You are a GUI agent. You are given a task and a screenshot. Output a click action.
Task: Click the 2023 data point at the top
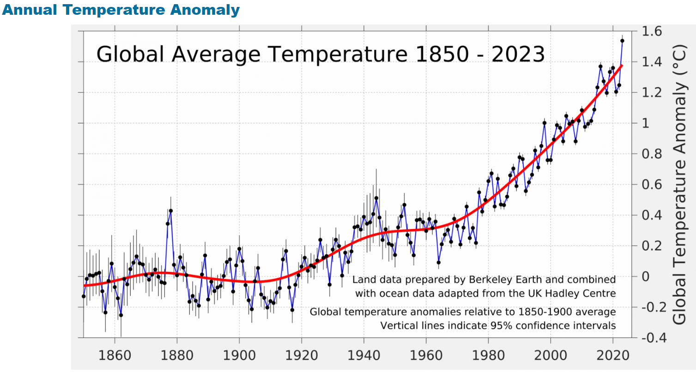pyautogui.click(x=622, y=41)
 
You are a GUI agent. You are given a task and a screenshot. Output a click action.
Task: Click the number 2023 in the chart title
pyautogui.click(x=518, y=54)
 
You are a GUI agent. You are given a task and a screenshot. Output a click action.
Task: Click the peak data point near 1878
pyautogui.click(x=171, y=210)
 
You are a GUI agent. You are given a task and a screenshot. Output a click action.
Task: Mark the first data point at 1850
pyautogui.click(x=84, y=296)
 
